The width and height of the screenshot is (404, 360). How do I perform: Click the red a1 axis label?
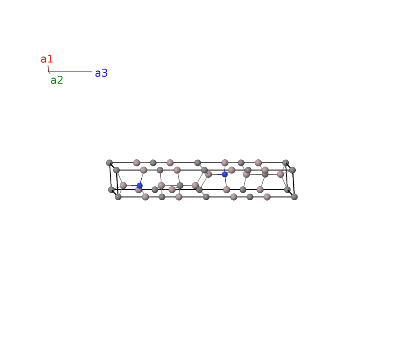[x=47, y=59]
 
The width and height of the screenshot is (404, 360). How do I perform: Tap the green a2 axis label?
[x=57, y=80]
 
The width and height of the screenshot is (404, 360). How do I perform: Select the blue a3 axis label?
[x=101, y=73]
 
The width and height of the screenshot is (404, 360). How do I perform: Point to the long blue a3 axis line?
[x=70, y=72]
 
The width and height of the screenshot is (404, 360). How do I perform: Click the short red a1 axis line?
[x=48, y=69]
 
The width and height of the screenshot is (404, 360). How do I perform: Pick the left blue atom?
[x=140, y=186]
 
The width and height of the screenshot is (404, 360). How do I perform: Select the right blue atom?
[x=225, y=174]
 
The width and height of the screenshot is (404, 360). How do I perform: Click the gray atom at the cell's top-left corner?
[x=109, y=163]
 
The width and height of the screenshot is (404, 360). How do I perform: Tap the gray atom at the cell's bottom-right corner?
[x=294, y=197]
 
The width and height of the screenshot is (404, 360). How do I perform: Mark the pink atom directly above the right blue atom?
[x=225, y=163]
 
